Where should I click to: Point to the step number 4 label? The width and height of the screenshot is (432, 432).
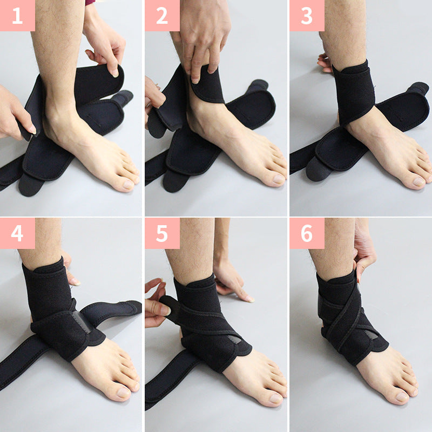(17, 233)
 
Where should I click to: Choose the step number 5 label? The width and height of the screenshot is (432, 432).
(162, 233)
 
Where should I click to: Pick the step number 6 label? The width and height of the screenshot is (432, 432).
(307, 233)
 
